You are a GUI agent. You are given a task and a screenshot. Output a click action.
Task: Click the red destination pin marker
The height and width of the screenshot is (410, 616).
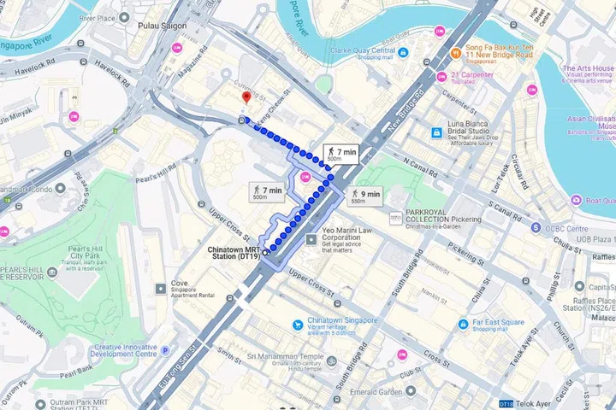pyautogui.click(x=246, y=98)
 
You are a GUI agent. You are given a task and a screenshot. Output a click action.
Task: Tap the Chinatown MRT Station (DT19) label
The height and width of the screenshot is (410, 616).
pyautogui.click(x=234, y=252)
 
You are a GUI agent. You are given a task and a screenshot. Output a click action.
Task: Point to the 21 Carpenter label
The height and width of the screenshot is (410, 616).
pyautogui.click(x=470, y=76)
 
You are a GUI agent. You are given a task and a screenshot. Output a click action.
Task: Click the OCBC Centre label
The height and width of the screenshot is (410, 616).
pyautogui.click(x=564, y=229)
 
